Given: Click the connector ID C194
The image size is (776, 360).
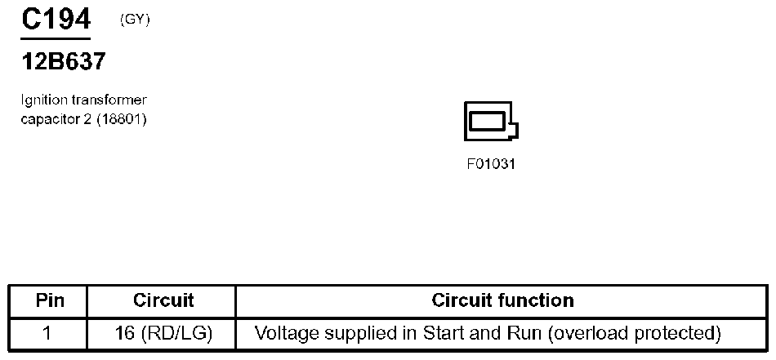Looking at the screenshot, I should (x=56, y=19).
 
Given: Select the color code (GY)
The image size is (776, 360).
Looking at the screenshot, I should (x=135, y=20).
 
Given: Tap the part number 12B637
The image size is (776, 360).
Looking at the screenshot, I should (x=63, y=61).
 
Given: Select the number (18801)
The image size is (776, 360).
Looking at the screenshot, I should (x=121, y=119).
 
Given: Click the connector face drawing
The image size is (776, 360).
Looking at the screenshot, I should (x=490, y=123).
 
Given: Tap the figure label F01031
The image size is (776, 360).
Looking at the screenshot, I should (x=492, y=163).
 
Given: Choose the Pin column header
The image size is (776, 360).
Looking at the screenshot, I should (x=50, y=300).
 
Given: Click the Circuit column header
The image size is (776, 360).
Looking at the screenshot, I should (x=163, y=300).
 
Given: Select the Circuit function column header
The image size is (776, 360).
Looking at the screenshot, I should (x=502, y=300).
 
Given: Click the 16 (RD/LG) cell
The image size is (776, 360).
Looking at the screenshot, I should (x=164, y=333).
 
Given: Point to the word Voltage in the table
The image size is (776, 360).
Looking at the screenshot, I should (x=283, y=333).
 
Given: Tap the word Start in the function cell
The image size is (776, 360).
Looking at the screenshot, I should (x=441, y=333).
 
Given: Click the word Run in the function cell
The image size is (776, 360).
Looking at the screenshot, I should (x=510, y=333).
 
